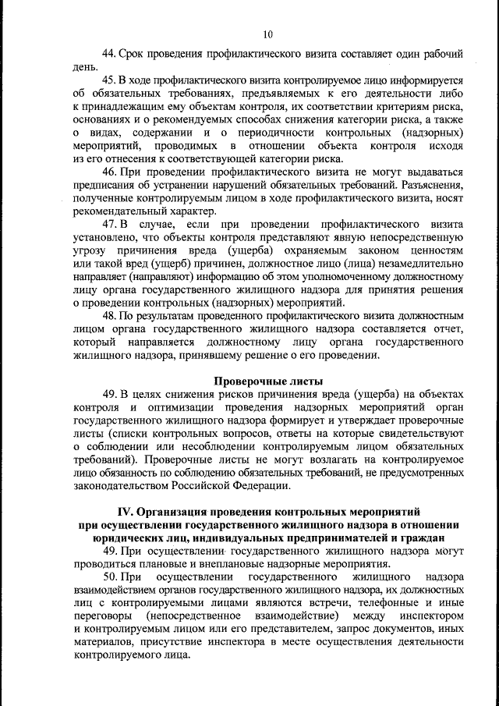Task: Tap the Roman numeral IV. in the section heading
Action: [x=127, y=512]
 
